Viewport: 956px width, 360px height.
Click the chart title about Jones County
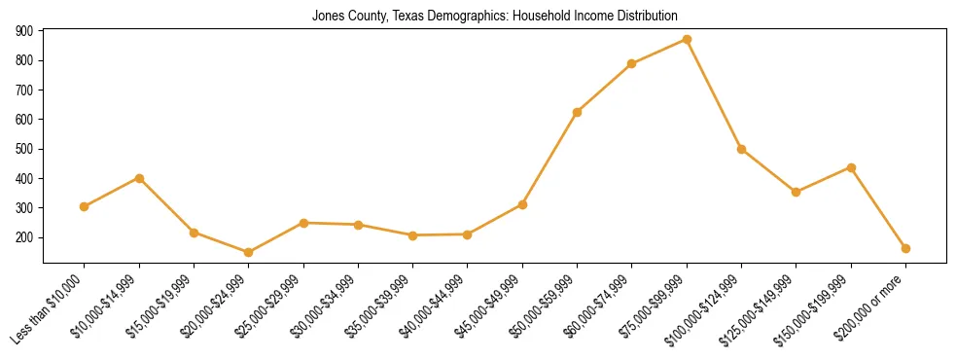[494, 17]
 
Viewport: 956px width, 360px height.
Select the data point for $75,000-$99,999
[687, 40]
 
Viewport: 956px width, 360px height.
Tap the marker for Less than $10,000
[85, 206]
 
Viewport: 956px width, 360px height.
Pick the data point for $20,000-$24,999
[249, 252]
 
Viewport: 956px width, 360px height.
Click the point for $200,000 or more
[905, 248]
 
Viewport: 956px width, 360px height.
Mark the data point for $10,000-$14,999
[139, 178]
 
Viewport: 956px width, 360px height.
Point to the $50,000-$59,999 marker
[577, 112]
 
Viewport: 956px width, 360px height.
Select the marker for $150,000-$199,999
[851, 167]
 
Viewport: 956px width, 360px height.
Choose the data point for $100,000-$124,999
[741, 149]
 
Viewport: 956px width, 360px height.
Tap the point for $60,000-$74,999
[632, 64]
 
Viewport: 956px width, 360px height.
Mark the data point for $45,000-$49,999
[522, 204]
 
